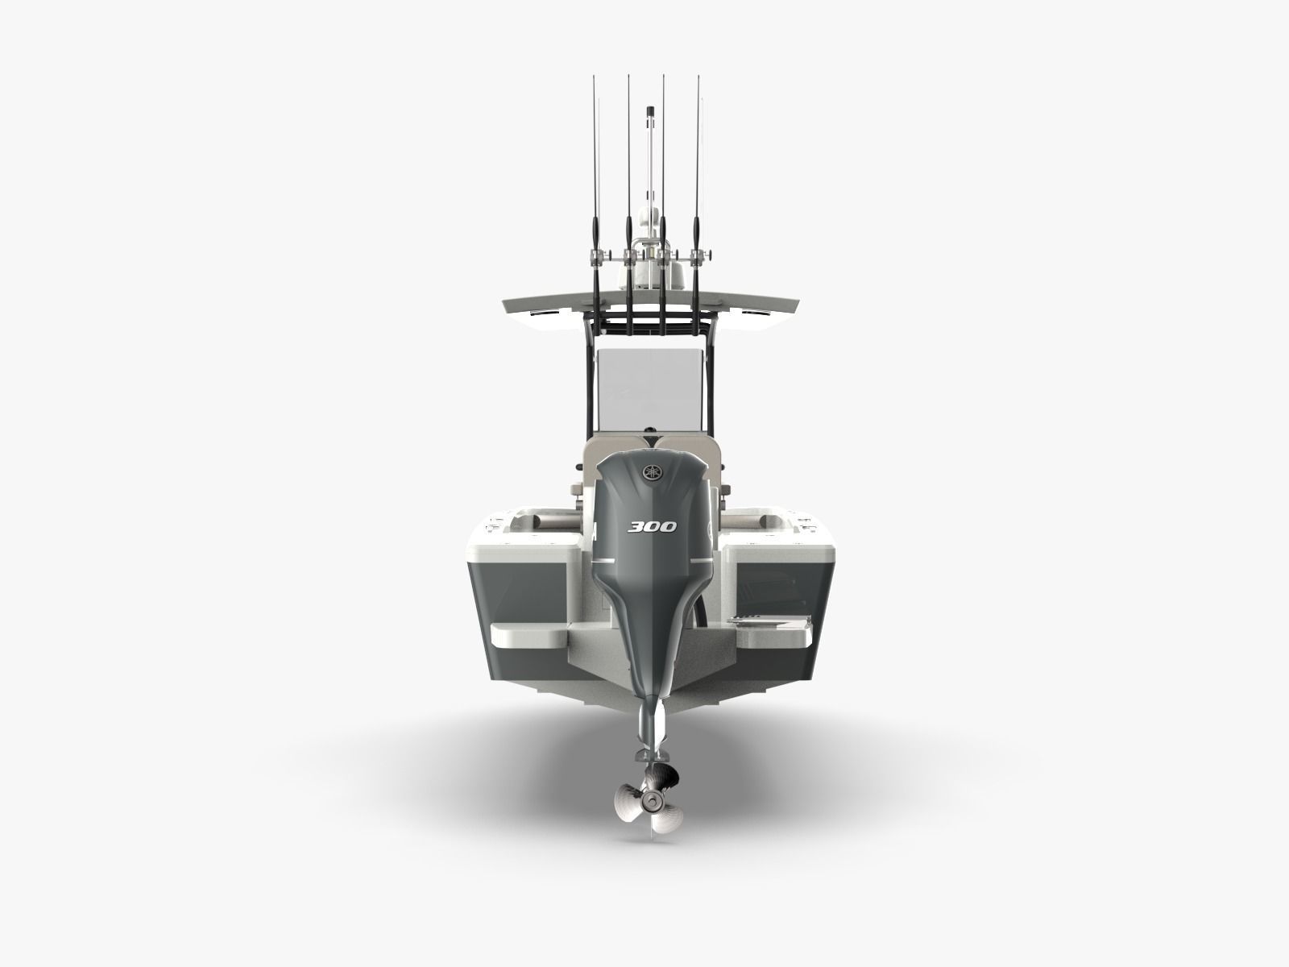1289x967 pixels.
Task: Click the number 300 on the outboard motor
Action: tap(653, 527)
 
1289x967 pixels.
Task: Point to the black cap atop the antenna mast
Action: tap(650, 110)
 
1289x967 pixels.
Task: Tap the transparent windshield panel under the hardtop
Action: tap(644, 379)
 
